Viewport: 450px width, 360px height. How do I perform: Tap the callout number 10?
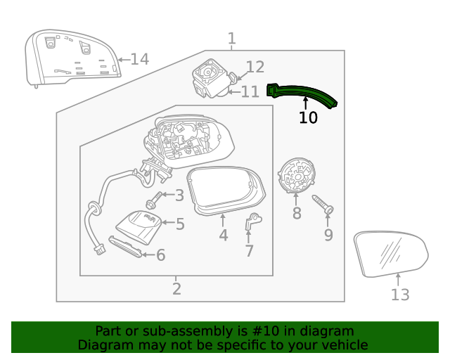point(308,118)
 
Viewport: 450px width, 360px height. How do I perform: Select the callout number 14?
point(140,59)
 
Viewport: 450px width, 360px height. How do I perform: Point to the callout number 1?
point(231,39)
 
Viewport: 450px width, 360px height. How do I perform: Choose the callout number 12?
point(255,67)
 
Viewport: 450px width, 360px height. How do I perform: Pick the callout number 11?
point(250,92)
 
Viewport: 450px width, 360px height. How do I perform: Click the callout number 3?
point(180,195)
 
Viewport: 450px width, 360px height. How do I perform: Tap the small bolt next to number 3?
point(153,202)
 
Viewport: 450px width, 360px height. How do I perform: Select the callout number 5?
point(180,224)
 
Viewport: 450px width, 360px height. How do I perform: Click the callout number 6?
point(160,255)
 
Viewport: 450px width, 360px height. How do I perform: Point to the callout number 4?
point(223,236)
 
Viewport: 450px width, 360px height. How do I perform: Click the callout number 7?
point(249,251)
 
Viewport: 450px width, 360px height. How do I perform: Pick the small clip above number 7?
point(252,223)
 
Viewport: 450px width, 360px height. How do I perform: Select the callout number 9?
point(328,236)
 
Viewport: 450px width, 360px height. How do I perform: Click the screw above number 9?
point(324,205)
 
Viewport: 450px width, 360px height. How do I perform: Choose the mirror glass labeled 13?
point(391,253)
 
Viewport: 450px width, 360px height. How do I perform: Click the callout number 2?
point(176,288)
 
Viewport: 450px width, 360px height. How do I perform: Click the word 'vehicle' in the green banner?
point(342,345)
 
